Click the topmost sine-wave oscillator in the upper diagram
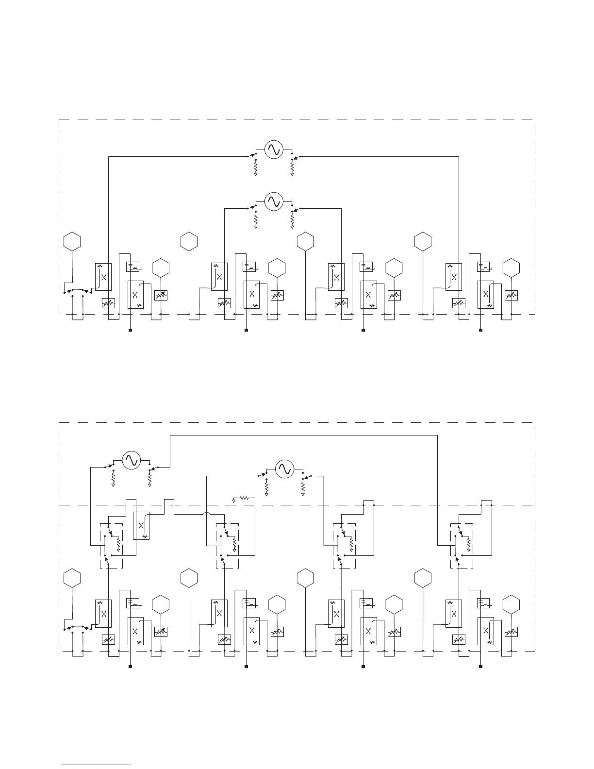click(x=273, y=149)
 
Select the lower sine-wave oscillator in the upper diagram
click(x=273, y=201)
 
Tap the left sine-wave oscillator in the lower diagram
click(x=131, y=460)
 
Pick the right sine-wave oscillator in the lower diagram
click(x=284, y=468)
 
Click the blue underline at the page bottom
click(x=97, y=765)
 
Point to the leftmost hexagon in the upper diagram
click(x=72, y=241)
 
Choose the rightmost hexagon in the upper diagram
click(x=511, y=267)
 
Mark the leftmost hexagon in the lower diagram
click(x=72, y=578)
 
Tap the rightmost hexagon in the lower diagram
click(x=511, y=604)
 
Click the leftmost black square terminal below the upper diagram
click(x=130, y=330)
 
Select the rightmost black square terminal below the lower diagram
click(x=480, y=667)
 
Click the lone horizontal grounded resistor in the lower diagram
click(x=244, y=498)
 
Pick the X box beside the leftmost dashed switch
click(x=141, y=525)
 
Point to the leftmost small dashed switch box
click(x=111, y=545)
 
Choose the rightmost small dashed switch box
click(x=462, y=545)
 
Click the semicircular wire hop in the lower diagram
click(x=205, y=513)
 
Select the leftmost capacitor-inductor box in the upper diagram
click(x=133, y=267)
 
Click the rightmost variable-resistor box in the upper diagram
click(x=511, y=295)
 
